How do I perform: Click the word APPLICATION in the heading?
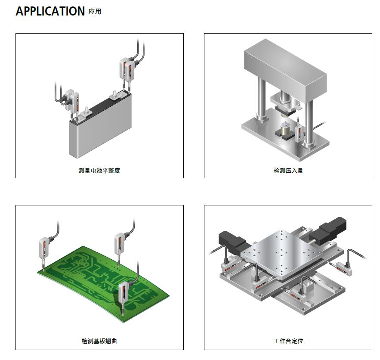pyautogui.click(x=50, y=12)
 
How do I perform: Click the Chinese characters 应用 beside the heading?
pyautogui.click(x=95, y=12)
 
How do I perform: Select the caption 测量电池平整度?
pyautogui.click(x=99, y=171)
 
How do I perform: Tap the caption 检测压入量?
pyautogui.click(x=288, y=171)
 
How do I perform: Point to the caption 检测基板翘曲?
pyautogui.click(x=99, y=341)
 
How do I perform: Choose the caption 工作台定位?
pyautogui.click(x=288, y=341)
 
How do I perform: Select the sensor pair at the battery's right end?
pyautogui.click(x=128, y=70)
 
